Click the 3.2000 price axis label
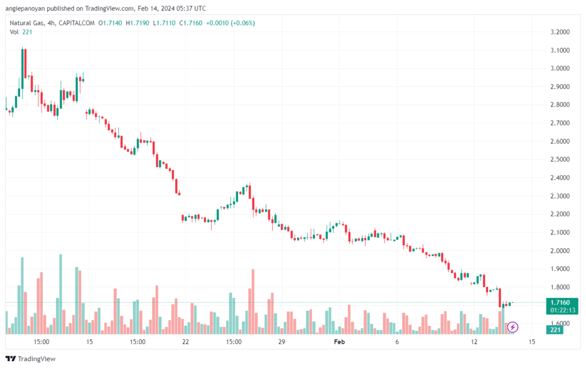[560, 32]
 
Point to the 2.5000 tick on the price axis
[560, 160]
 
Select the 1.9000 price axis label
[560, 269]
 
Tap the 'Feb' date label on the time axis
[339, 342]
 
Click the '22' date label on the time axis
[185, 342]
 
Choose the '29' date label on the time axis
[282, 342]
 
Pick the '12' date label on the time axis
[474, 342]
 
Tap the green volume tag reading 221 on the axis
[555, 330]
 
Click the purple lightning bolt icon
[512, 327]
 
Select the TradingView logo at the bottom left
[31, 359]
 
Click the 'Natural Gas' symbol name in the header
[26, 23]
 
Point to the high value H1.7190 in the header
[137, 23]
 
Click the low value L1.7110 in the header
[164, 23]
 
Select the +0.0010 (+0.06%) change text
[231, 23]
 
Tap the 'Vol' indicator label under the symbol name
[14, 32]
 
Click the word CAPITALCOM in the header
[77, 23]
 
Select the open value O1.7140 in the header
[110, 23]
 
